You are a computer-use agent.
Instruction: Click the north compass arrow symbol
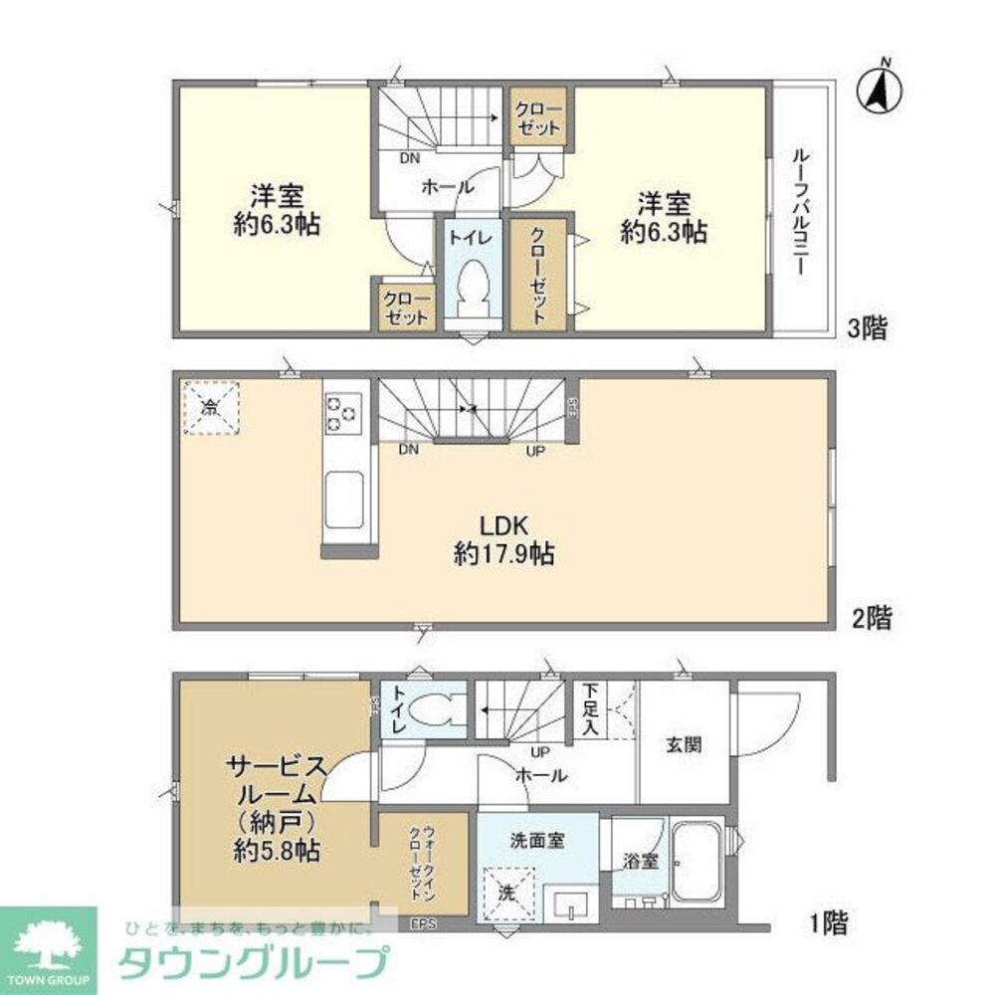click(880, 88)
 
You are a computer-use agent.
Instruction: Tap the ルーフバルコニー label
click(802, 212)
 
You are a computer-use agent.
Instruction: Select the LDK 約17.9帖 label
click(504, 540)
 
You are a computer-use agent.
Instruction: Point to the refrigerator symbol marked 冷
click(211, 407)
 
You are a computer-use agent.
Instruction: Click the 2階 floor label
click(871, 619)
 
